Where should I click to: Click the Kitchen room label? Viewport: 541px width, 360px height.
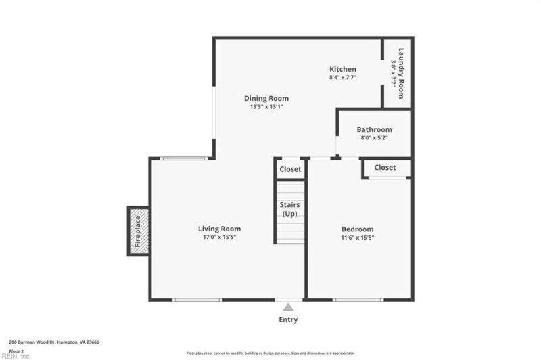click(342, 69)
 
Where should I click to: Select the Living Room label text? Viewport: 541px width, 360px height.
click(219, 229)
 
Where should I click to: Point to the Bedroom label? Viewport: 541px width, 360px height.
click(357, 229)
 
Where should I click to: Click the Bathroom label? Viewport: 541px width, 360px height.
click(374, 129)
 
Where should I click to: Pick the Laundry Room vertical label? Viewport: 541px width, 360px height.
click(401, 73)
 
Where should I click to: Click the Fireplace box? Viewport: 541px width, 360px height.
click(138, 231)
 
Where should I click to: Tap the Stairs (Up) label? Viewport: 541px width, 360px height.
click(290, 209)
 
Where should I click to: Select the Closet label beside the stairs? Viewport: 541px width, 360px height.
click(290, 169)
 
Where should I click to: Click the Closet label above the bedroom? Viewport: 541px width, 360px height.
click(385, 167)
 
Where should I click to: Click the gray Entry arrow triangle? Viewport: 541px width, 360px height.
click(288, 307)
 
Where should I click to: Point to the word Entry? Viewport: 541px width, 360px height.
click(288, 320)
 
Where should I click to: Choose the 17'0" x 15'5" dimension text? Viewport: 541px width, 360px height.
click(219, 238)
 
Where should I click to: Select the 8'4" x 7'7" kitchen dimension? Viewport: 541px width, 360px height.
click(342, 78)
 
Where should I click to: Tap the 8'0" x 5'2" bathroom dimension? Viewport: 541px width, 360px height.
click(374, 138)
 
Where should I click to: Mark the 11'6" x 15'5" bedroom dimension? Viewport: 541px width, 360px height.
click(357, 238)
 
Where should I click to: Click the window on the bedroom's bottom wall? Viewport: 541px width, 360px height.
click(358, 299)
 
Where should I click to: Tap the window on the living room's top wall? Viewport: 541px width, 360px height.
click(184, 158)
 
